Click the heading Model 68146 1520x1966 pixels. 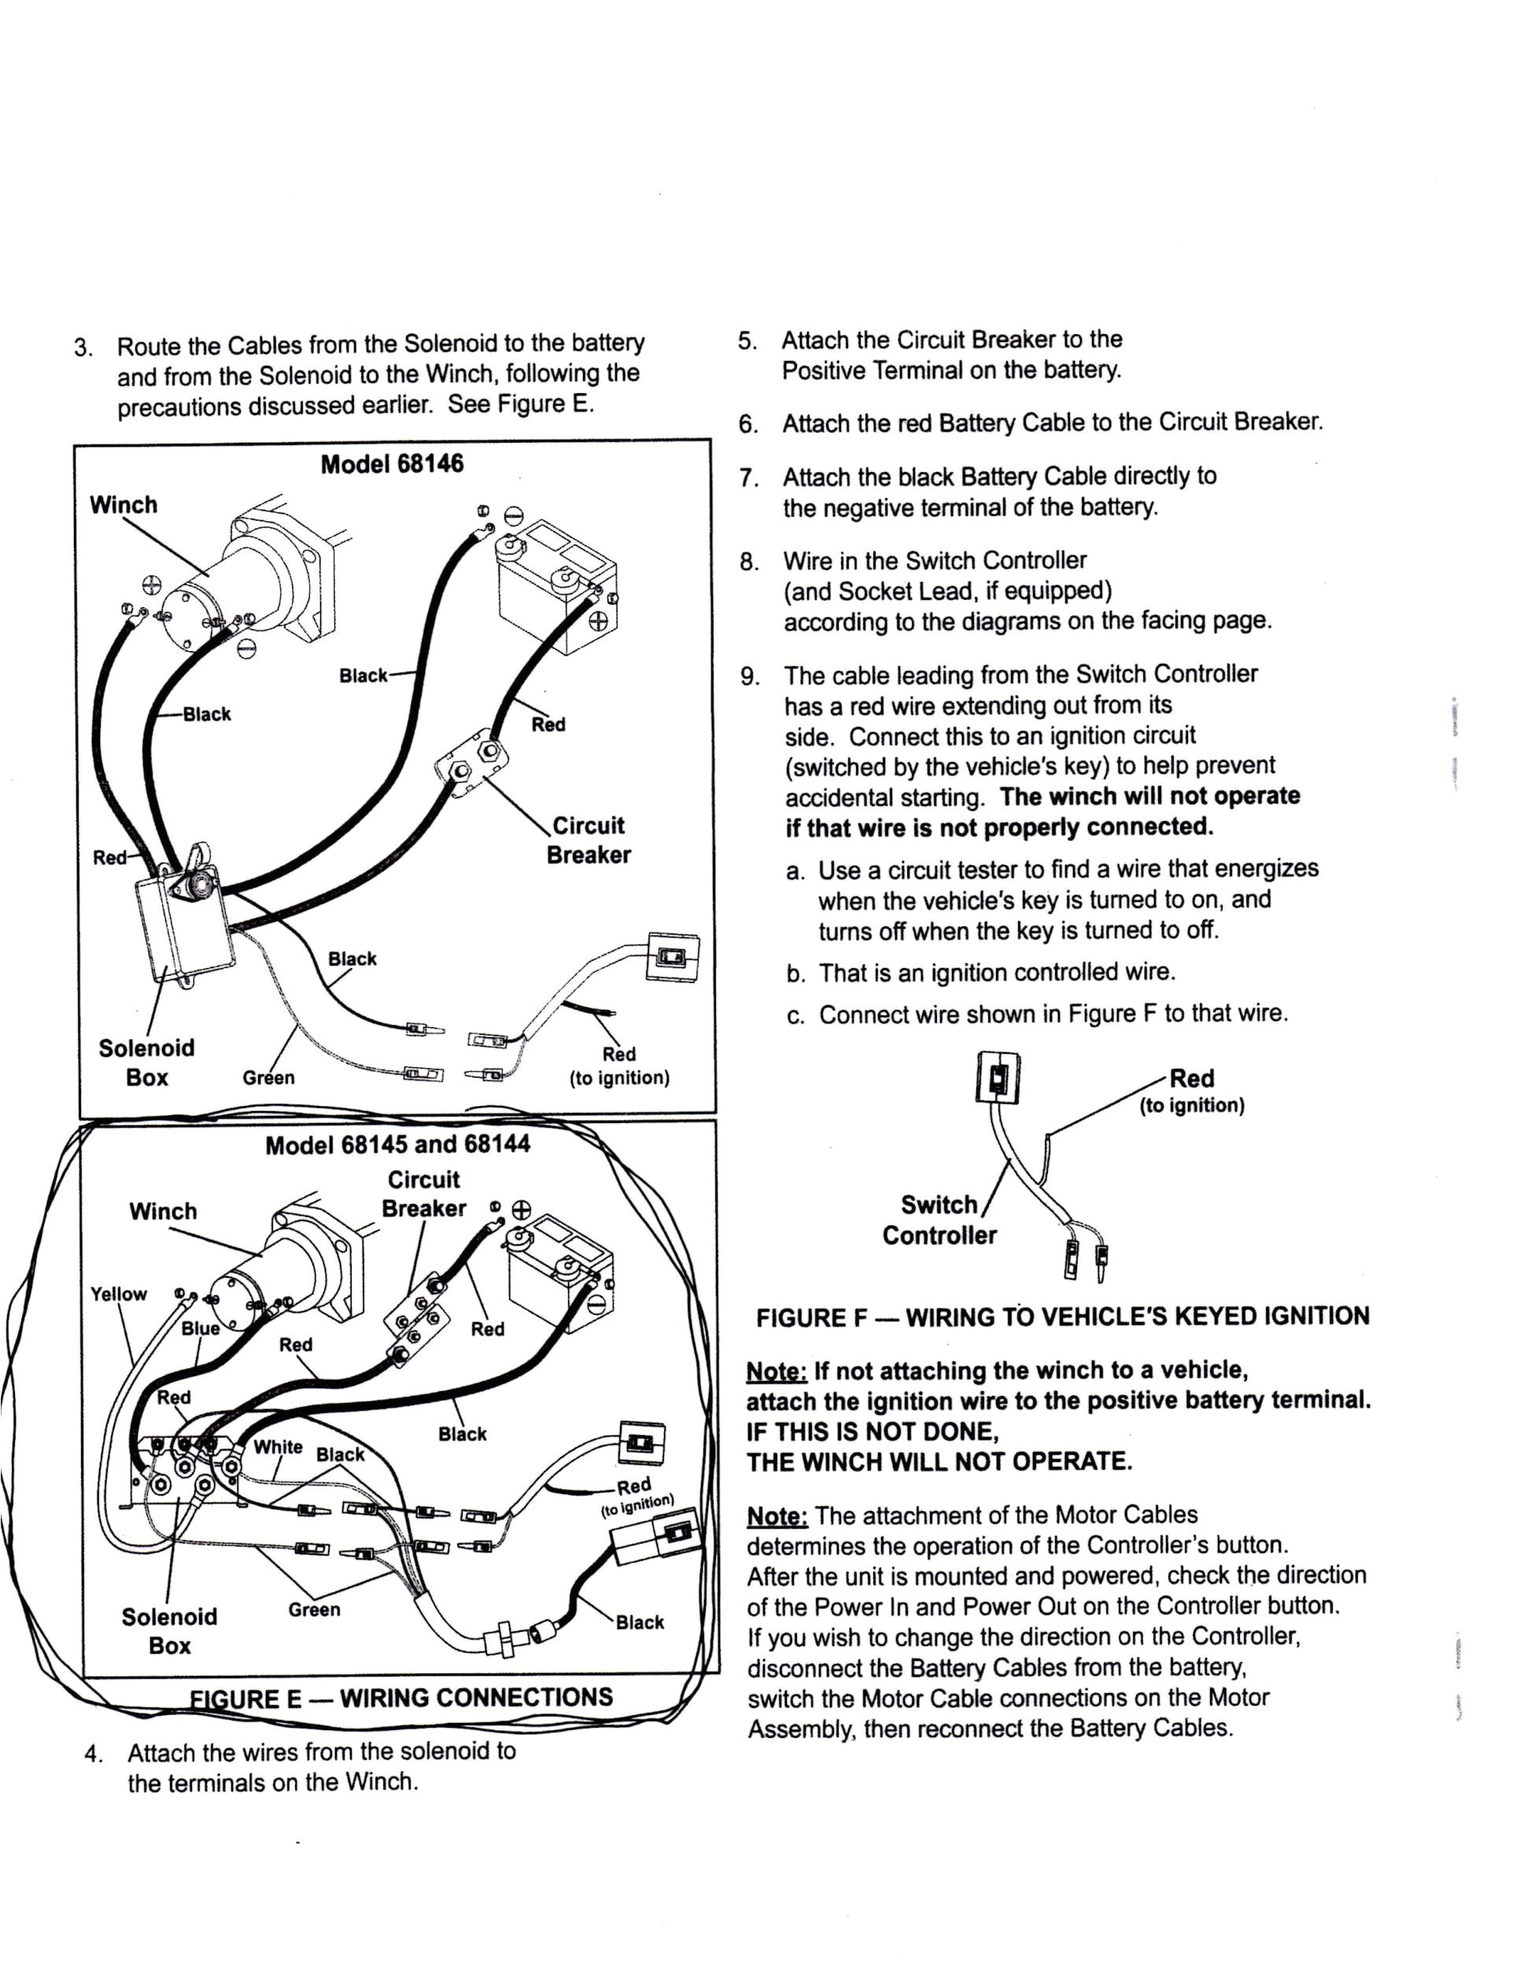point(392,465)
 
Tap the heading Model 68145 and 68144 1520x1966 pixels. point(397,1145)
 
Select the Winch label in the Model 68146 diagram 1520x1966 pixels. point(124,505)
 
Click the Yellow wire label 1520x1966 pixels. point(118,1294)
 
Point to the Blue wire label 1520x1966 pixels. point(200,1329)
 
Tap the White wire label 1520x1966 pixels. point(278,1447)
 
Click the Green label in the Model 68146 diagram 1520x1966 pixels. point(268,1077)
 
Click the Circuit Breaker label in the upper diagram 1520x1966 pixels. point(589,840)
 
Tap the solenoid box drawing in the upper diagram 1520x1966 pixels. point(185,927)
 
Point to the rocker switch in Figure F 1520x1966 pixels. point(997,1077)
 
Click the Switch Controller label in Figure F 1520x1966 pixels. point(939,1220)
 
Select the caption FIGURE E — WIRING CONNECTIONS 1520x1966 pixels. point(401,1698)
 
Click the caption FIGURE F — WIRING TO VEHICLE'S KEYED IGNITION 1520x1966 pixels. point(1063,1317)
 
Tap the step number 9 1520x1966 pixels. point(749,677)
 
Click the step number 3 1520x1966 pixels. point(83,348)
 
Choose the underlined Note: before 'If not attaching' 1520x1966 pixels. point(777,1372)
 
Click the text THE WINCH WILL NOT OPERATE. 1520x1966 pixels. point(939,1461)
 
